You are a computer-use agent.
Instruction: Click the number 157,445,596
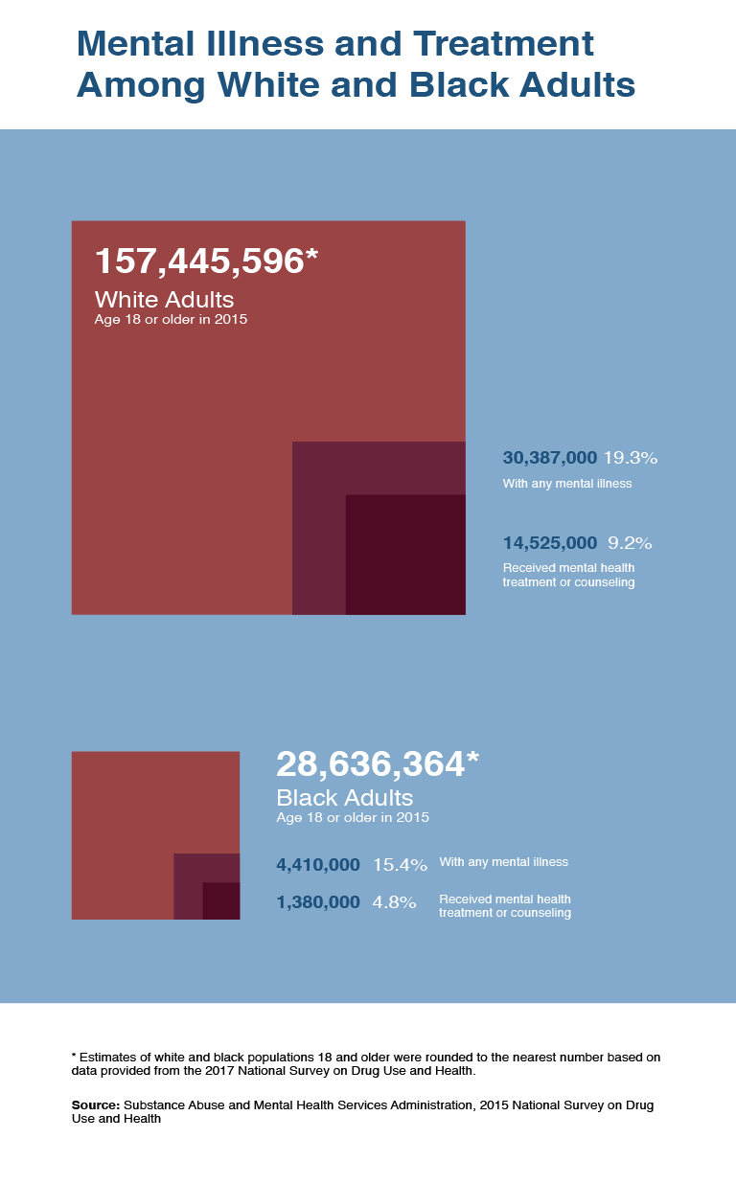coord(198,262)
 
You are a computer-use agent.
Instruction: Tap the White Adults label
coord(164,299)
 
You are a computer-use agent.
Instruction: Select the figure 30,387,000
coord(549,458)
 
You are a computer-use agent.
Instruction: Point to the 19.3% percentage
coord(630,458)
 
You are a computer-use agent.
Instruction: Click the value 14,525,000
coord(549,543)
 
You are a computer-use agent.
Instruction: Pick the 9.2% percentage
coord(630,543)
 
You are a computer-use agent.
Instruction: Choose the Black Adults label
coord(344,798)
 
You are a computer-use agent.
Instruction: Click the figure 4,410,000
coord(318,865)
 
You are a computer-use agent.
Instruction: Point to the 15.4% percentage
coord(400,865)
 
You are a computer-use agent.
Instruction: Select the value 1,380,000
coord(318,902)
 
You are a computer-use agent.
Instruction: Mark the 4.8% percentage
coord(394,902)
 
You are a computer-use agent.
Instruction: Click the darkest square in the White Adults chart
coord(405,554)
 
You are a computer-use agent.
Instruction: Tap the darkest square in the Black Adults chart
coord(221,900)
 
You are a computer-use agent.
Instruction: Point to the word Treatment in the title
coord(499,44)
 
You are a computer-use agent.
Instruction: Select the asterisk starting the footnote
coord(74,1055)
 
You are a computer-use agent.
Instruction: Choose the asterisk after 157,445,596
coord(311,255)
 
